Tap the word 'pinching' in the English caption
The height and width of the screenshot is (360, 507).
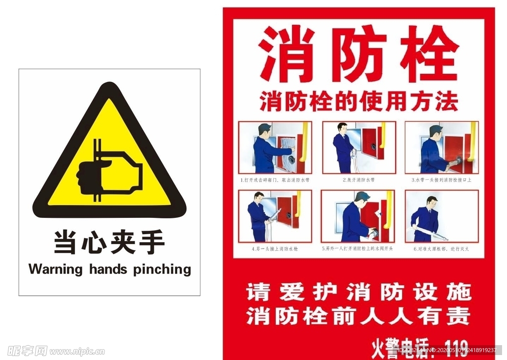(x=162, y=269)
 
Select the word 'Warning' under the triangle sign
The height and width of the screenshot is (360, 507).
(x=55, y=269)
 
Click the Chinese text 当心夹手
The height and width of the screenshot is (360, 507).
(x=109, y=243)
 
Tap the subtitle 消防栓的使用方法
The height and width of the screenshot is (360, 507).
(x=359, y=102)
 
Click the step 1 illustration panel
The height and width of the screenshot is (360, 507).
(x=275, y=147)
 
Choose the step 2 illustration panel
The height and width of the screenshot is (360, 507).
(x=359, y=147)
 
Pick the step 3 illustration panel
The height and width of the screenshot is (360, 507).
(x=442, y=147)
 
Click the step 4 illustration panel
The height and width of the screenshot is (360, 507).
(x=275, y=216)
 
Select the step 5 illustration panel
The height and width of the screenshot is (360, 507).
(x=359, y=216)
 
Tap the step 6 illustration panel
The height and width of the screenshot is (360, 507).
(x=442, y=216)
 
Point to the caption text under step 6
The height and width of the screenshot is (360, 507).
(x=441, y=249)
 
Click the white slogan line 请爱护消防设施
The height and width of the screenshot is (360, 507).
(x=359, y=292)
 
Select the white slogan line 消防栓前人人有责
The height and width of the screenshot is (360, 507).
(x=359, y=316)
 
